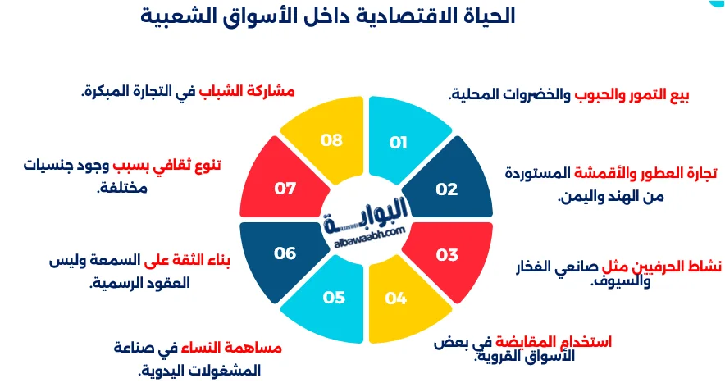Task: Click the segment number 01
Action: click(399, 143)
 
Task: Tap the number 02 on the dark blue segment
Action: click(446, 189)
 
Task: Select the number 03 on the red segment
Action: click(447, 255)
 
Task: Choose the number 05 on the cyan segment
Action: click(334, 297)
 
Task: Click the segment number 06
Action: click(285, 253)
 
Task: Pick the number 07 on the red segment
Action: click(285, 189)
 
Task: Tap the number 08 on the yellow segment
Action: click(331, 140)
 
